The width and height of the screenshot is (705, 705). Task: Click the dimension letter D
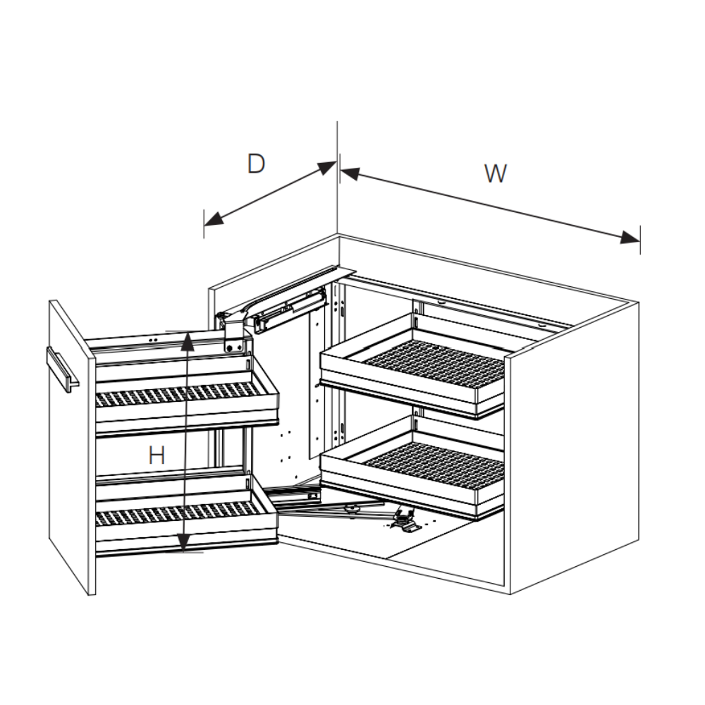click(257, 164)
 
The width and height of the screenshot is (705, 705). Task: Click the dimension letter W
click(496, 173)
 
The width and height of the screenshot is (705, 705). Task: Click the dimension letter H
click(157, 455)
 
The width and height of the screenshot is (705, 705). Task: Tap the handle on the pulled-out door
click(63, 369)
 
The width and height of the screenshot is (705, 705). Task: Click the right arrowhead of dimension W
click(630, 237)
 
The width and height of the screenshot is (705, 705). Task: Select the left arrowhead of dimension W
click(350, 173)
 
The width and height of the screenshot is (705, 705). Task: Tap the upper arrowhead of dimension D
click(327, 168)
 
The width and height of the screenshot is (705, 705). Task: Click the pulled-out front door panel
click(72, 448)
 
